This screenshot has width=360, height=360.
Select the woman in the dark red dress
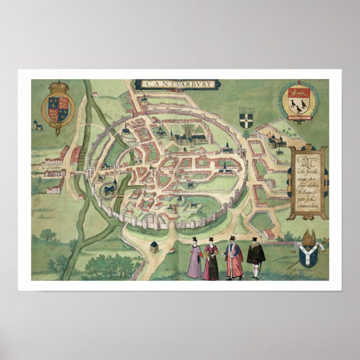tap(211, 260)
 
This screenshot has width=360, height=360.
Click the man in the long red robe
tap(234, 259)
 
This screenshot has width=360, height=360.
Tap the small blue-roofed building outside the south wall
tap(155, 247)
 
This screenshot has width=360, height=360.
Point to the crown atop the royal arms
tap(58, 88)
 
